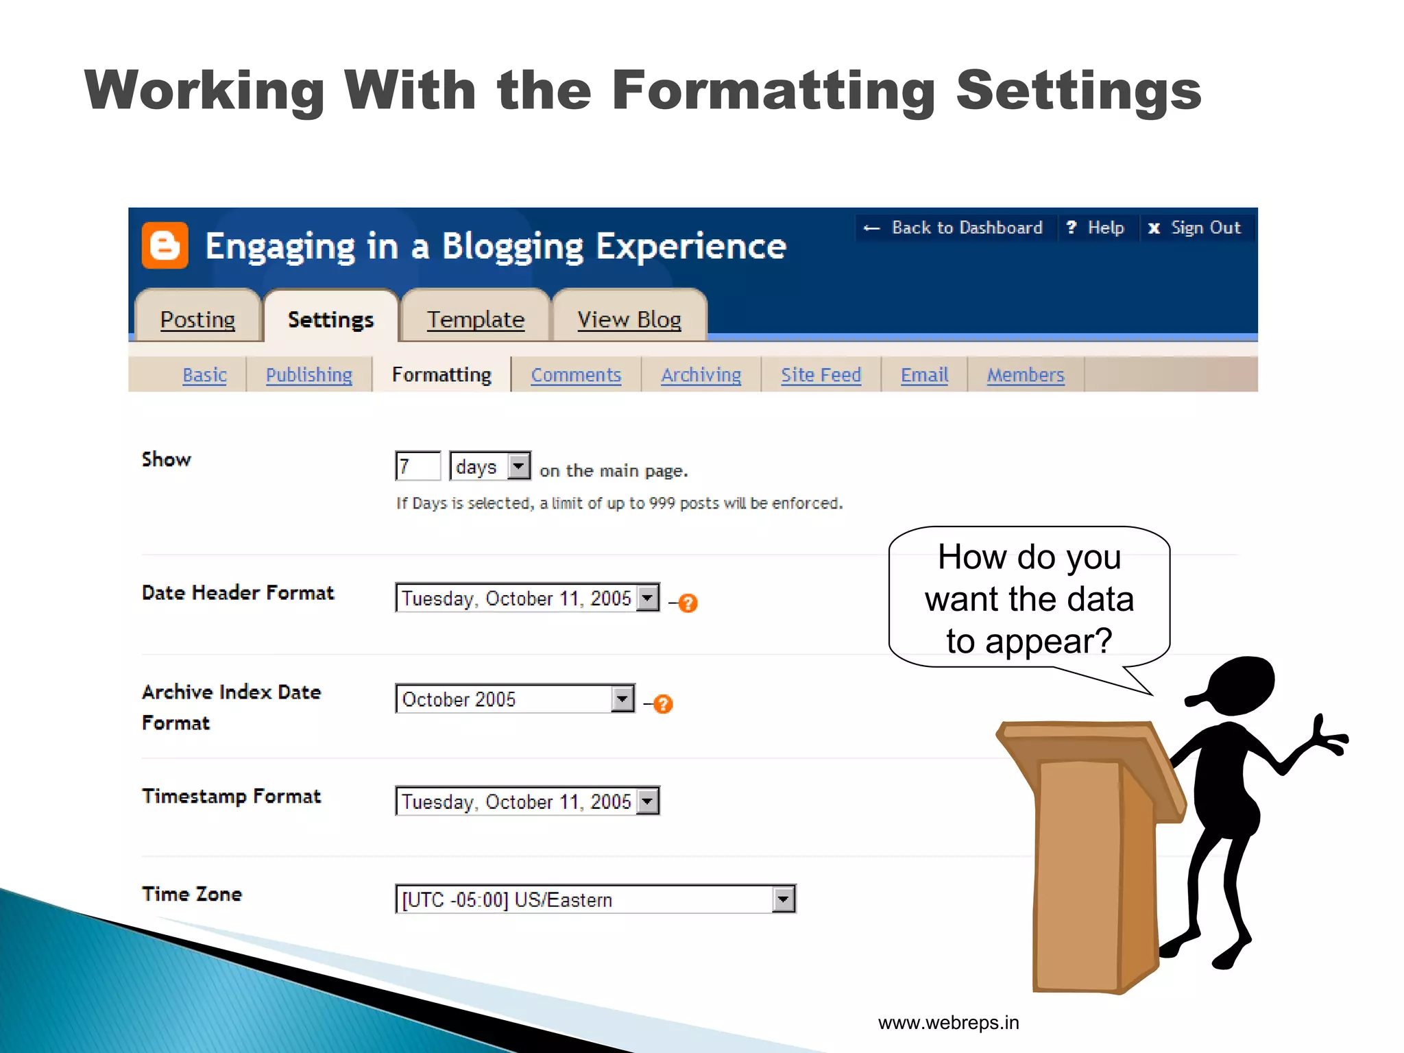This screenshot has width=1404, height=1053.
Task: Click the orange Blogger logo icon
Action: pyautogui.click(x=165, y=245)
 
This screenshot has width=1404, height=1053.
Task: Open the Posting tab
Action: pyautogui.click(x=197, y=319)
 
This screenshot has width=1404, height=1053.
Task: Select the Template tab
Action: pyautogui.click(x=476, y=319)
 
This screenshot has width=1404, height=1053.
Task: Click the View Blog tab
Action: pyautogui.click(x=629, y=319)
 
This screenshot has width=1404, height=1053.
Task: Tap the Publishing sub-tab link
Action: pyautogui.click(x=308, y=375)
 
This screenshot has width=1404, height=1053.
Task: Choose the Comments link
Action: pyautogui.click(x=576, y=375)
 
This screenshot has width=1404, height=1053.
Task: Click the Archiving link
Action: pyautogui.click(x=701, y=375)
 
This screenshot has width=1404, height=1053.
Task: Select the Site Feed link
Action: pyautogui.click(x=821, y=375)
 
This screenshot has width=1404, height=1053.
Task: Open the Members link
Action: pyautogui.click(x=1025, y=375)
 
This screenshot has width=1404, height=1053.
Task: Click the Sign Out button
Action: pyautogui.click(x=1196, y=228)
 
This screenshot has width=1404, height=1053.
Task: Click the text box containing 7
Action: pyautogui.click(x=417, y=466)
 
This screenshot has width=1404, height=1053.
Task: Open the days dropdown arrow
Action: pyautogui.click(x=519, y=466)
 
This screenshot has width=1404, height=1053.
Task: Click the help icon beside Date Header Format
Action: pyautogui.click(x=688, y=603)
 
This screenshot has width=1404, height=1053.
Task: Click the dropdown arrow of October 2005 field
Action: pyautogui.click(x=622, y=699)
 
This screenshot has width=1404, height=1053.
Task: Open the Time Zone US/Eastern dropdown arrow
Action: pyautogui.click(x=783, y=899)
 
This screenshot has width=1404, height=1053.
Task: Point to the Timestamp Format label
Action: pyautogui.click(x=231, y=797)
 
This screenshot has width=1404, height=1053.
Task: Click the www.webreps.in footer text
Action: pyautogui.click(x=948, y=1023)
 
